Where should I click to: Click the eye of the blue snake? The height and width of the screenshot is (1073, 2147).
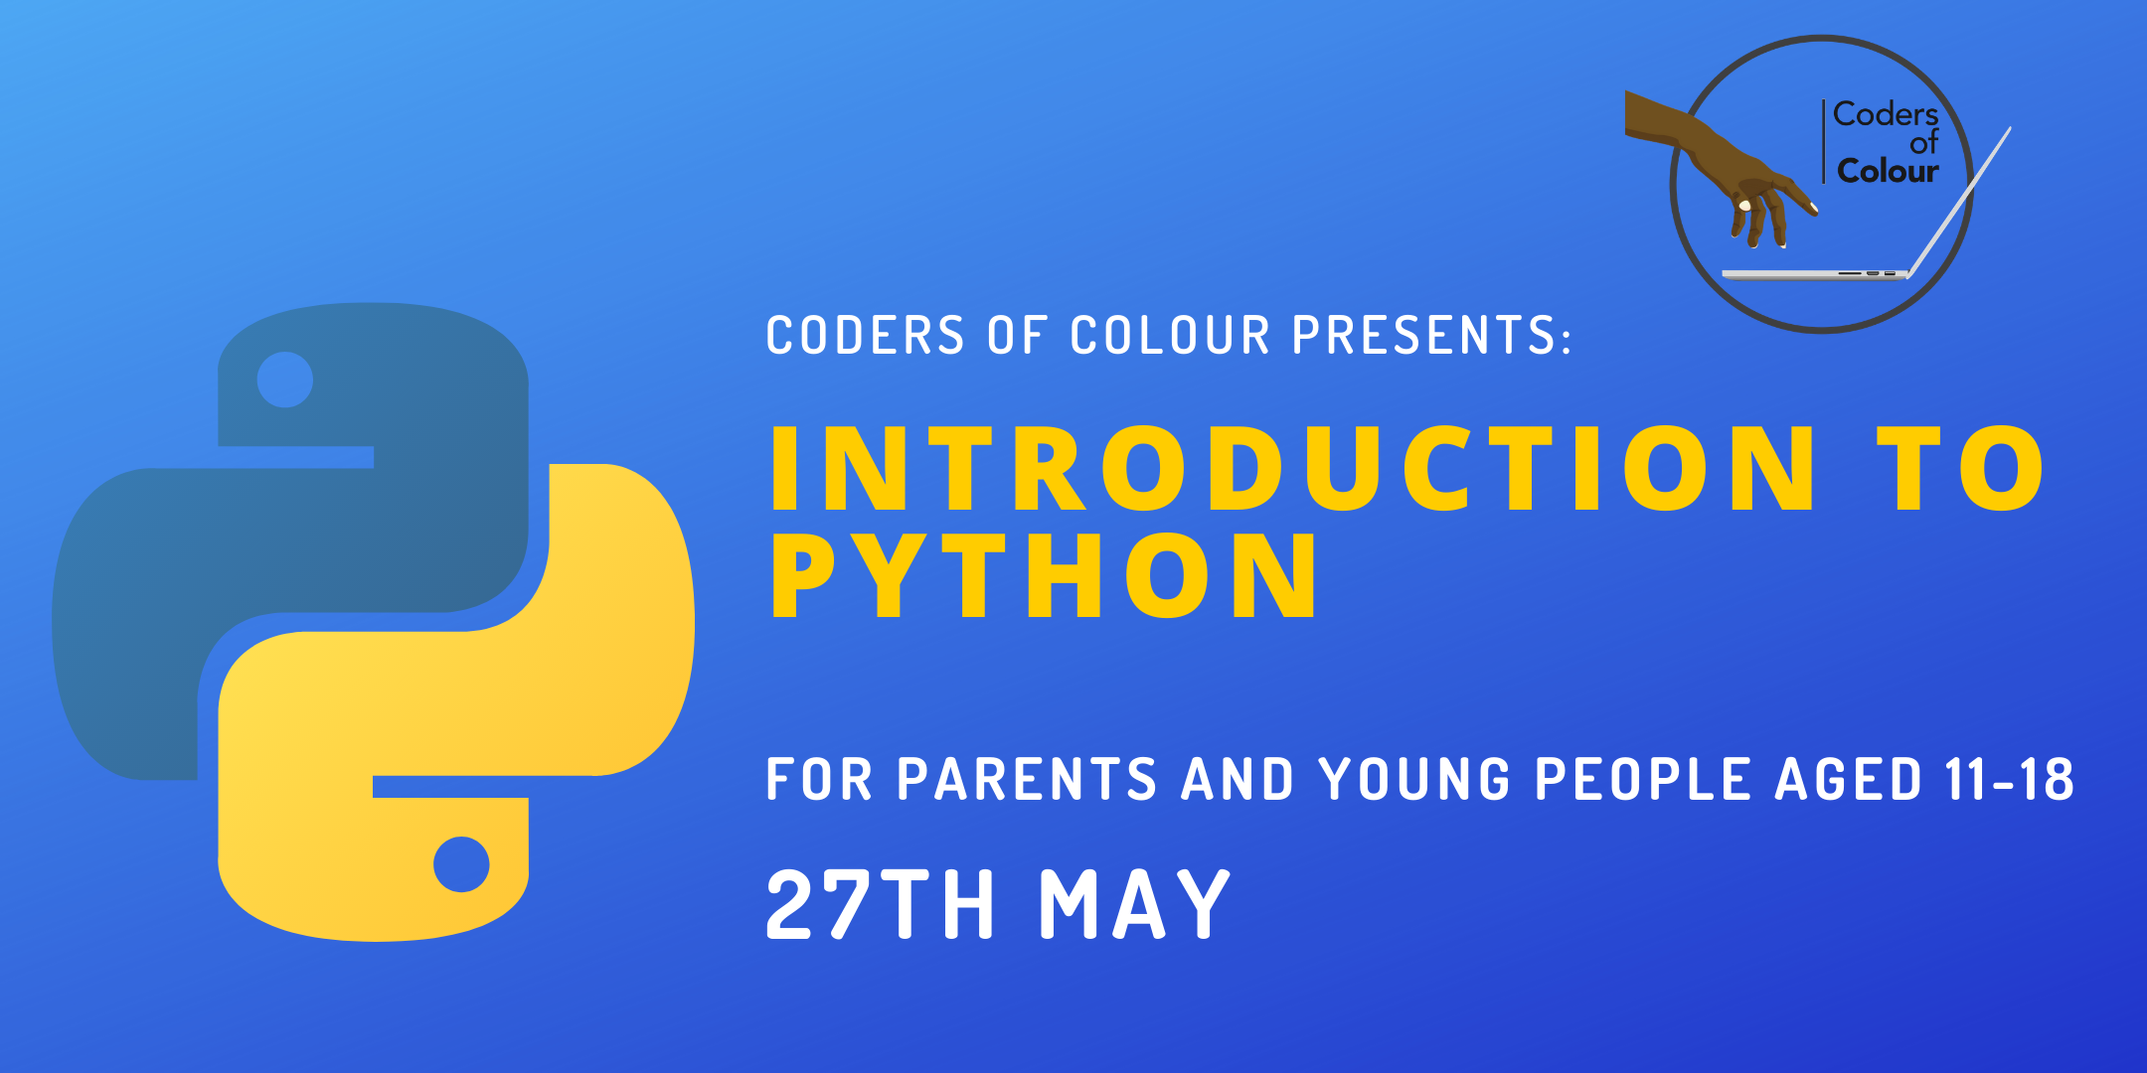pos(285,380)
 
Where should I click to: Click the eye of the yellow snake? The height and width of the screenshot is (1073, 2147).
pos(461,864)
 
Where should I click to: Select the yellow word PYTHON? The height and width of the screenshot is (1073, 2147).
pos(1045,574)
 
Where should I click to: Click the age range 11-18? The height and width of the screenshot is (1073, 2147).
pos(2010,778)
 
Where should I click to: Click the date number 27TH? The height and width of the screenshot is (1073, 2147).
pos(880,903)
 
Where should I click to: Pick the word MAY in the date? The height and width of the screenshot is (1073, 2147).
pos(1134,903)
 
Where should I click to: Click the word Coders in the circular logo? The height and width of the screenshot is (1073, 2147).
pos(1886,114)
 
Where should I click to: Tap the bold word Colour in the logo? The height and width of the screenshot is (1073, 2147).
pos(1888,171)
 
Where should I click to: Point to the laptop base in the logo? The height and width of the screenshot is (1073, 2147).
pos(1815,274)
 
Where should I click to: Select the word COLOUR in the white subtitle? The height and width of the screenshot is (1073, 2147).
pos(1170,335)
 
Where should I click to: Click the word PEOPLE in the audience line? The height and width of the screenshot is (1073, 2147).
pos(1642,778)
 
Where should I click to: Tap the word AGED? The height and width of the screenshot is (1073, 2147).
pos(1848,778)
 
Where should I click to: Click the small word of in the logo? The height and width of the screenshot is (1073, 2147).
pos(1923,143)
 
